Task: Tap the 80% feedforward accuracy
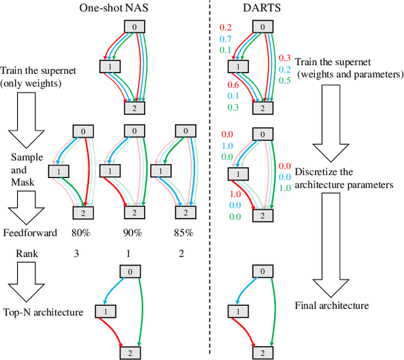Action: coord(80,232)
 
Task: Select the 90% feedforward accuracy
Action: coord(133,232)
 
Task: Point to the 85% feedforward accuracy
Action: coord(183,232)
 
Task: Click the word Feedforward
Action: coord(29,232)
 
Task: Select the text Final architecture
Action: coord(331,306)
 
